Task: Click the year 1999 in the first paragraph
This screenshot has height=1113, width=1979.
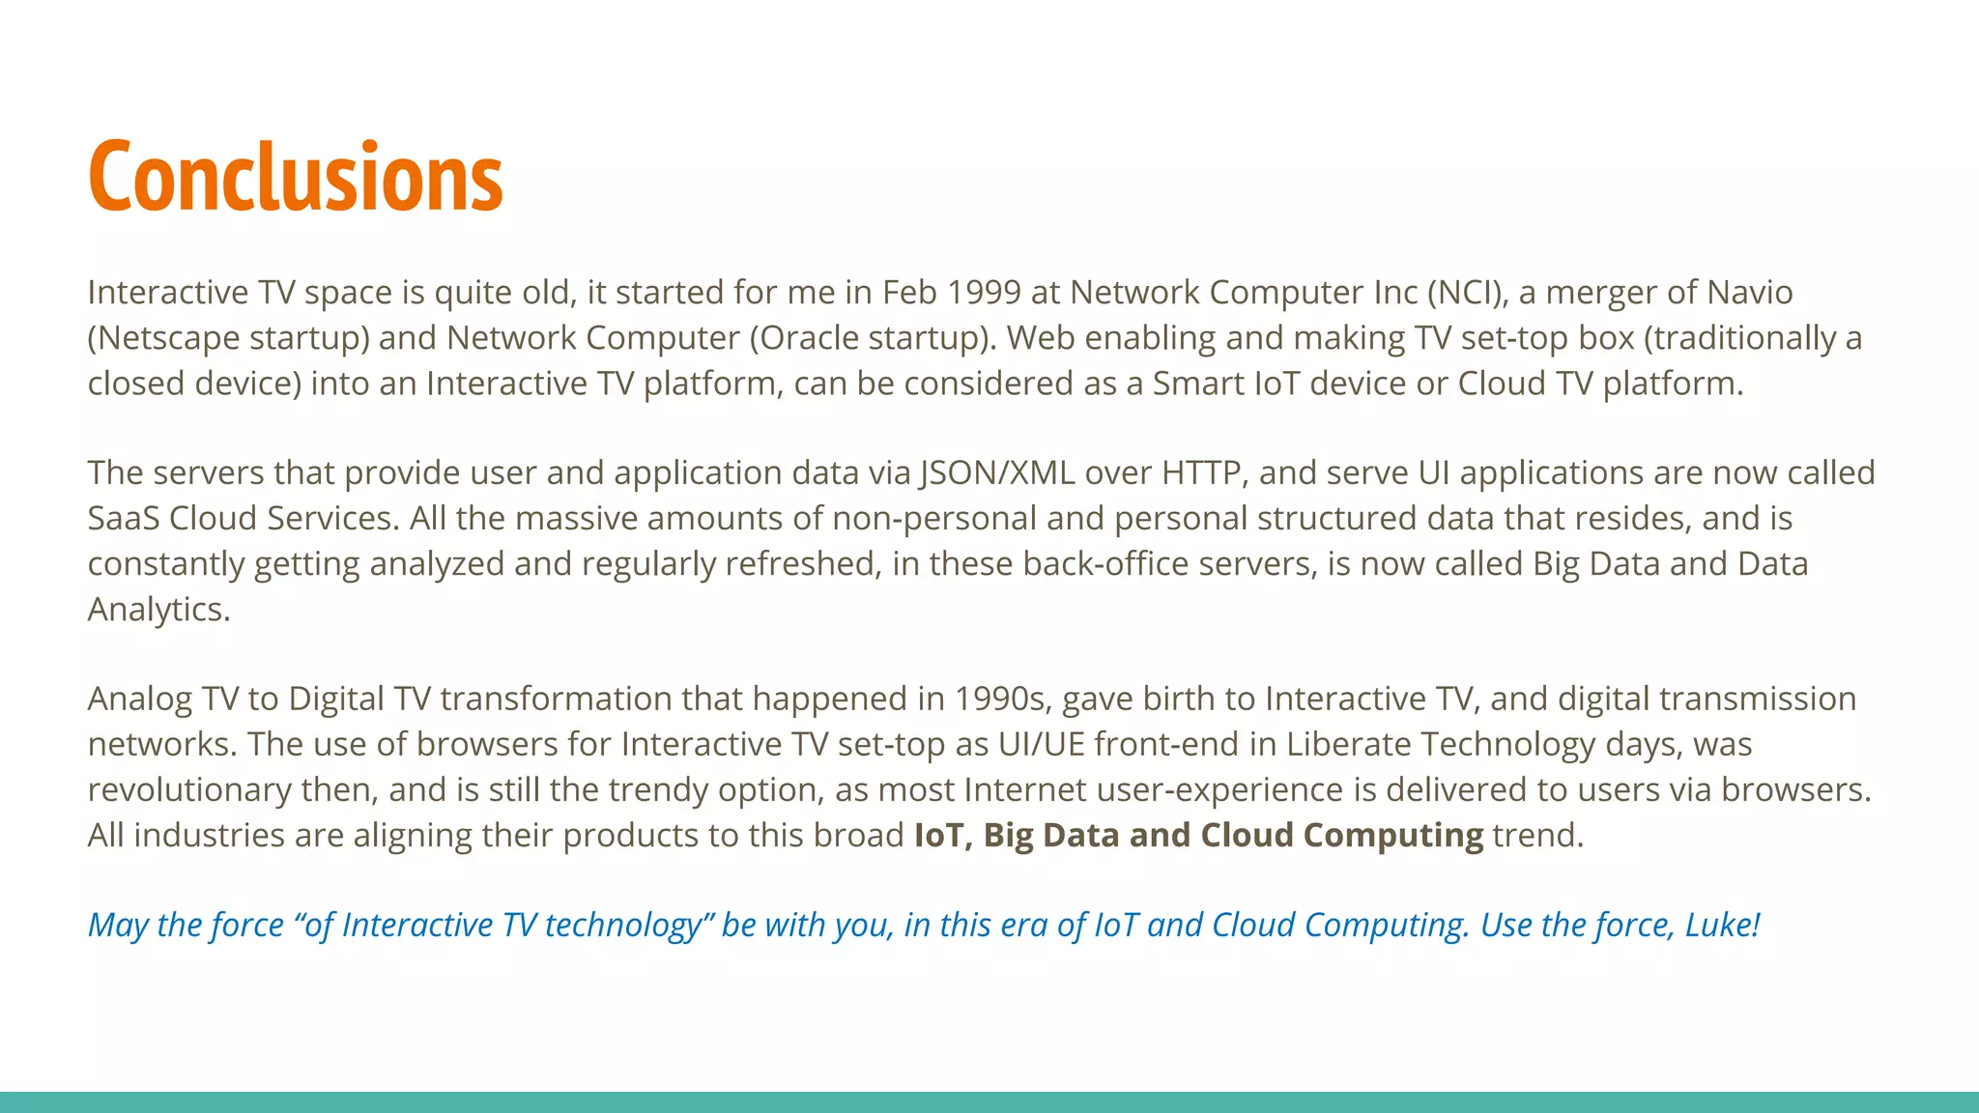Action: click(x=983, y=292)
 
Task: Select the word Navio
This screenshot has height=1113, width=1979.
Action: click(x=1749, y=292)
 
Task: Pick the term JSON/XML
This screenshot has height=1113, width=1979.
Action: click(x=996, y=472)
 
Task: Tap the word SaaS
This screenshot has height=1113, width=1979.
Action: click(x=124, y=519)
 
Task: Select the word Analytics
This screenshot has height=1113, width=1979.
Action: click(x=157, y=610)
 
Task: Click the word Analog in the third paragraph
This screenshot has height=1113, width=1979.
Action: click(x=140, y=699)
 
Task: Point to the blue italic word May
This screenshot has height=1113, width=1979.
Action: click(x=117, y=926)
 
